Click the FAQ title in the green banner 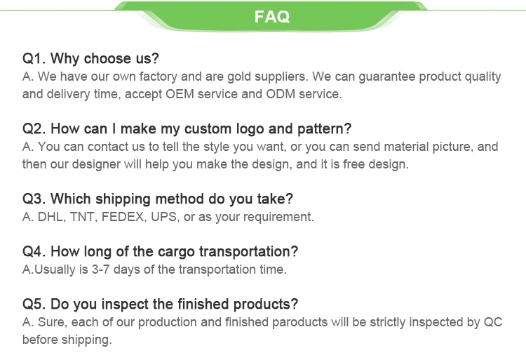coord(271,16)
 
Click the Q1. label coord(34,58)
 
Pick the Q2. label coord(34,128)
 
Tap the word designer coord(96,164)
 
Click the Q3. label coord(34,199)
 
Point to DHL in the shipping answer coord(50,217)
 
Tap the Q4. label coord(34,251)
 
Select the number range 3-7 coord(100,269)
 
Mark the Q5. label coord(34,304)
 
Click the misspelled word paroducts coord(299,322)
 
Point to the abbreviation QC coord(493,322)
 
